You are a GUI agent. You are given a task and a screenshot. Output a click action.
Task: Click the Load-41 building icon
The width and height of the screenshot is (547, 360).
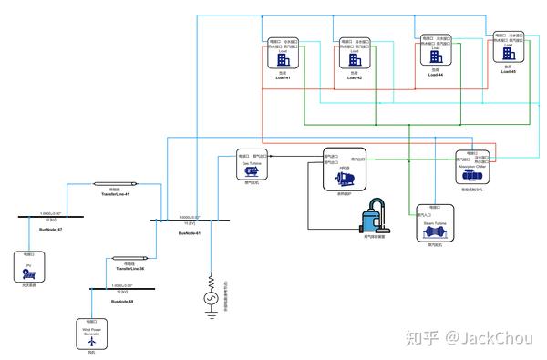(x=283, y=59)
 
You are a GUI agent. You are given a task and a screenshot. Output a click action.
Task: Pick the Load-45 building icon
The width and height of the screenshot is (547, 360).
(x=508, y=53)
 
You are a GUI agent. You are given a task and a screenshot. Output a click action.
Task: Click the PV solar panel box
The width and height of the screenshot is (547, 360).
(x=29, y=269)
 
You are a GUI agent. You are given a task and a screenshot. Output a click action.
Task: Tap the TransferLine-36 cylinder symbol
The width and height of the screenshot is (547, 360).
(x=129, y=260)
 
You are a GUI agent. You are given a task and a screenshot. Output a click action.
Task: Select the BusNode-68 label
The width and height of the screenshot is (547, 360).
(x=121, y=300)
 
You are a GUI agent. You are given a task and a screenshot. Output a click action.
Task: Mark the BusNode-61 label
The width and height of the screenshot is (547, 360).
(x=189, y=233)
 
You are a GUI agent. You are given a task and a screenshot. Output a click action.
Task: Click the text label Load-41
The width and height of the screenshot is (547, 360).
(x=283, y=78)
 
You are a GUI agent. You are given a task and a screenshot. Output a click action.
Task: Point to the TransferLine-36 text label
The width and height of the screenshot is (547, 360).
(x=129, y=269)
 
